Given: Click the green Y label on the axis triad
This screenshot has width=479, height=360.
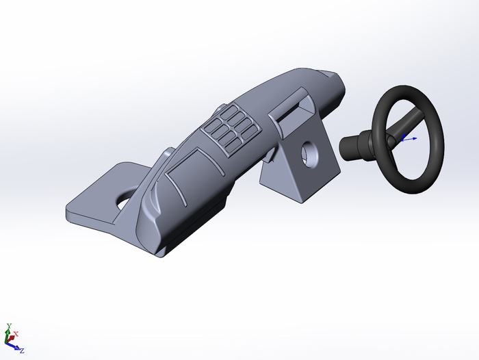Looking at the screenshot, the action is point(9,326).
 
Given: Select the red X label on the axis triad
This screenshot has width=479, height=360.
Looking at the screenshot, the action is point(16,334).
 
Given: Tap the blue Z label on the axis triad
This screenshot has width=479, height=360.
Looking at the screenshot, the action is point(22,351).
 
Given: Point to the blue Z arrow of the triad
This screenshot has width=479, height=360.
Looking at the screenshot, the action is point(13,346).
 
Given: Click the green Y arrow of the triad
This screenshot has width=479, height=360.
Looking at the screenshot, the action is point(8,335).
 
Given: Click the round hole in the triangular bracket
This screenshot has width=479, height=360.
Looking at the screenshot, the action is point(309,154).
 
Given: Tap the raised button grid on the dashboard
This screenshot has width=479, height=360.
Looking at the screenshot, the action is point(232,130).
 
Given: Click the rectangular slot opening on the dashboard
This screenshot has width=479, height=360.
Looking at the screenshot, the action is point(291,112).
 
